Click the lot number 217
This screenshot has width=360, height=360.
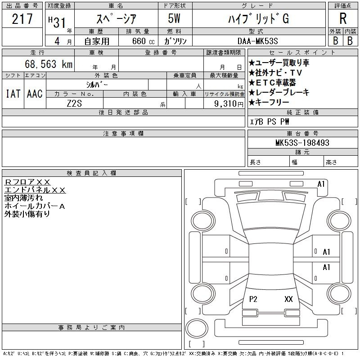tap(22, 19)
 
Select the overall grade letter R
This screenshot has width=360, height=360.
tap(343, 18)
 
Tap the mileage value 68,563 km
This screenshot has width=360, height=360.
tap(49, 64)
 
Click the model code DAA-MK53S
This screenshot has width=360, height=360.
tap(257, 41)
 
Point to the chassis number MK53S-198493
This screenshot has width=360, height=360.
tap(302, 143)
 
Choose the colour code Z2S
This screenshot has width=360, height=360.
tap(74, 103)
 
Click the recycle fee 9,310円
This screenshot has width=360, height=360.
tap(229, 104)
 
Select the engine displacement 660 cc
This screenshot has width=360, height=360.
tap(143, 41)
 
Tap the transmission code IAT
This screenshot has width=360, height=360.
tap(13, 94)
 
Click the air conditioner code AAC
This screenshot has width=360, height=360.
tap(35, 94)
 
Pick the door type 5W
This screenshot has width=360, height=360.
tap(174, 18)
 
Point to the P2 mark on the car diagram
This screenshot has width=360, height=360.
tap(253, 299)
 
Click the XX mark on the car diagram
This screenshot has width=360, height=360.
tap(288, 299)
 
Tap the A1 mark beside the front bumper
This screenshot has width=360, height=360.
tap(321, 184)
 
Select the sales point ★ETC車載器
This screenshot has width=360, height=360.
tap(272, 82)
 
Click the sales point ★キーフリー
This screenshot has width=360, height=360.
tap(269, 102)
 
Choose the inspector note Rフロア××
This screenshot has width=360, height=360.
tap(27, 182)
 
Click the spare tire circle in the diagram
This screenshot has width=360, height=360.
tap(197, 328)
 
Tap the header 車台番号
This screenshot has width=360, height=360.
tap(302, 133)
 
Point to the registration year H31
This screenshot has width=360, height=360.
tap(57, 22)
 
